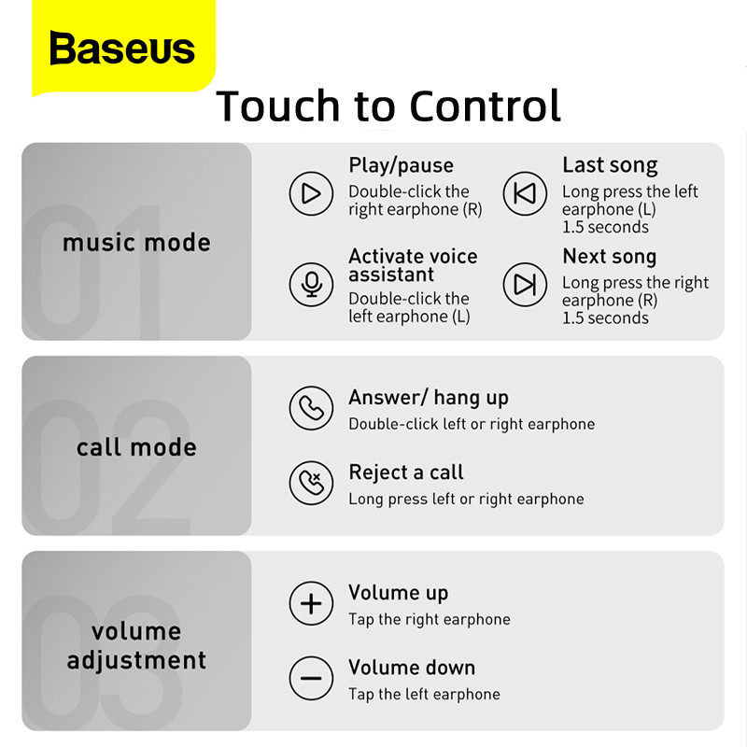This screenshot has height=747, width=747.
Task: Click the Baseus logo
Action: pyautogui.click(x=122, y=49)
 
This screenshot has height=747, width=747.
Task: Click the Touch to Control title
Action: pyautogui.click(x=388, y=106)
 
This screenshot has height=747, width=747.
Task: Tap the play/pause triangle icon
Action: pyautogui.click(x=311, y=193)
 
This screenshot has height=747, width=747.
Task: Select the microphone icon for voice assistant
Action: pyautogui.click(x=311, y=285)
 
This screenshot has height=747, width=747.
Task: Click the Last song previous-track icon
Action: pyautogui.click(x=525, y=193)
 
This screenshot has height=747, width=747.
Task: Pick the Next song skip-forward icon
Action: pyautogui.click(x=525, y=285)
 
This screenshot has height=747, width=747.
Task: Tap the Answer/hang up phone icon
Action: pyautogui.click(x=311, y=408)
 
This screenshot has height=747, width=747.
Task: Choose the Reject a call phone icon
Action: pyautogui.click(x=311, y=483)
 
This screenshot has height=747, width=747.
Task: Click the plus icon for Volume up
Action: pyautogui.click(x=311, y=603)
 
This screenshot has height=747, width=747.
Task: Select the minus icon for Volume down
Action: pyautogui.click(x=311, y=678)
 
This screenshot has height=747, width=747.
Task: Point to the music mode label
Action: pyautogui.click(x=136, y=243)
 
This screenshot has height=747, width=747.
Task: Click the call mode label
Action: pyautogui.click(x=136, y=447)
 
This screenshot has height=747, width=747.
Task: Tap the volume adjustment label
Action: pyautogui.click(x=136, y=645)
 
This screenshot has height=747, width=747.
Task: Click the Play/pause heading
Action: pyautogui.click(x=401, y=165)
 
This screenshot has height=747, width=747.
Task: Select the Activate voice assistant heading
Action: pyautogui.click(x=413, y=265)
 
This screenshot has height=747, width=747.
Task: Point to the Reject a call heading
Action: pyautogui.click(x=406, y=472)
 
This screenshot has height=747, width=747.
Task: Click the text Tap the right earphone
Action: pyautogui.click(x=430, y=619)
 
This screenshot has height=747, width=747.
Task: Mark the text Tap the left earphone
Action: pyautogui.click(x=424, y=694)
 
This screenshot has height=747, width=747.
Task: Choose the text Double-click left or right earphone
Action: pyautogui.click(x=472, y=424)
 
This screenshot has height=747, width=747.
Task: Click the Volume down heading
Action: pyautogui.click(x=412, y=668)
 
